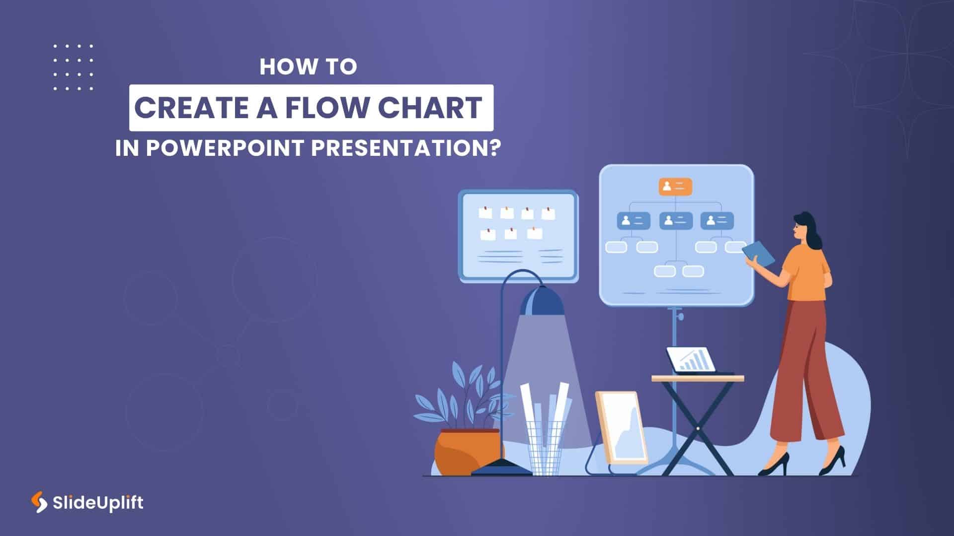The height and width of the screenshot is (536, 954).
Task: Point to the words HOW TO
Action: [x=308, y=67]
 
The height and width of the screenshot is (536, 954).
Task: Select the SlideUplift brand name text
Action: [x=98, y=503]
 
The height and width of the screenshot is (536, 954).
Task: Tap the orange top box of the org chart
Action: [x=675, y=186]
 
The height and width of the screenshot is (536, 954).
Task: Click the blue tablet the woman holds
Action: [x=759, y=254]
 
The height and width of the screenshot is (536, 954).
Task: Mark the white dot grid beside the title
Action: [x=73, y=67]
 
